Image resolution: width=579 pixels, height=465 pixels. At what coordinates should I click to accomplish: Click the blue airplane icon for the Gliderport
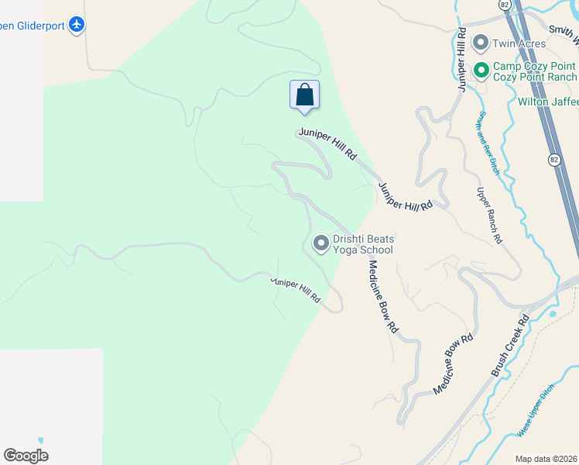(77, 25)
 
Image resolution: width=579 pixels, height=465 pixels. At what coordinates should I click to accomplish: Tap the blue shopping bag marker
(305, 95)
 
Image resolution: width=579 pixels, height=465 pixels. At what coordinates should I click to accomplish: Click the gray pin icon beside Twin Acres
(481, 43)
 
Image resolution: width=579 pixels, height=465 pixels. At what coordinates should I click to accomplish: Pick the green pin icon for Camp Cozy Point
(481, 71)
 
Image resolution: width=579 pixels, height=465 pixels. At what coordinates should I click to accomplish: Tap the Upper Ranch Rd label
(489, 216)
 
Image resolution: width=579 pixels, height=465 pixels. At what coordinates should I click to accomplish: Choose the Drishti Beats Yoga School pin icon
(320, 243)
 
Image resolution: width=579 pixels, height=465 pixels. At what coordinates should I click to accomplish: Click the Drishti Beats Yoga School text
(363, 244)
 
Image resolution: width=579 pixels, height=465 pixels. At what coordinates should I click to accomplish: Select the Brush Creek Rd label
(509, 345)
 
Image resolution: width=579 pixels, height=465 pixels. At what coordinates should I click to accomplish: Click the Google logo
(26, 455)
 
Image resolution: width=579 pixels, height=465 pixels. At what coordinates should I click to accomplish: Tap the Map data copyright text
(546, 459)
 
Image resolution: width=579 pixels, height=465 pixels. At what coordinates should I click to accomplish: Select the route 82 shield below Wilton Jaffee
(554, 160)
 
